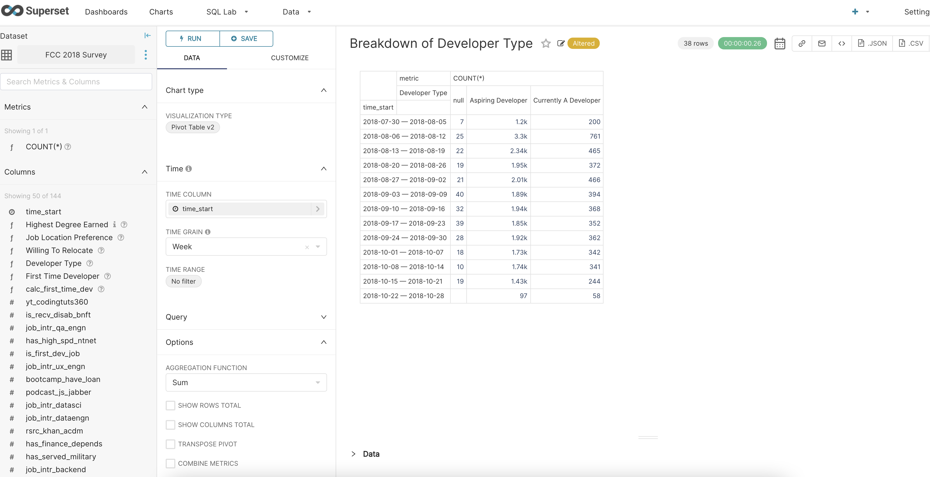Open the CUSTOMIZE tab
point(290,58)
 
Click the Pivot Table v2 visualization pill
point(192,127)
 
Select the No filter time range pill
point(183,281)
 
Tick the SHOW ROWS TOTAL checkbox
point(171,405)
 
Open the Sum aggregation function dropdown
point(246,382)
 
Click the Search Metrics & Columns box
point(76,82)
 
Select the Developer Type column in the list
point(54,263)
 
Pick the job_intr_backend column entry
point(56,469)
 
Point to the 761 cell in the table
point(595,136)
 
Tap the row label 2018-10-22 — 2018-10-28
point(403,296)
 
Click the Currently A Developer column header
point(566,100)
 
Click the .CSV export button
point(911,43)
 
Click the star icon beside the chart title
point(545,44)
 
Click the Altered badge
point(583,43)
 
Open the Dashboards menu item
point(106,12)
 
